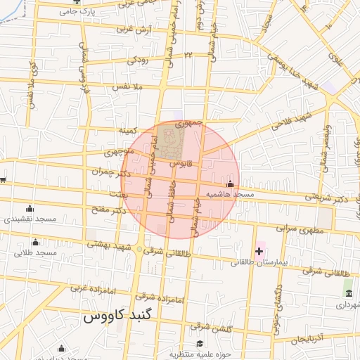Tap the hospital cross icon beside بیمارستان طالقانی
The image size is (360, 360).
[x=259, y=250]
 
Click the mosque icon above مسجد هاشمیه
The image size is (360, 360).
[x=230, y=184]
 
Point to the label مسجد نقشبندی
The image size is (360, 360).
[x=28, y=219]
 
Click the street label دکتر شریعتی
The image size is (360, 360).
[x=329, y=199]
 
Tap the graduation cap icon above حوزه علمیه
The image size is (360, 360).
[x=200, y=344]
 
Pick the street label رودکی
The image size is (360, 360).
[x=137, y=60]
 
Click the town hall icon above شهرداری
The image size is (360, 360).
[x=348, y=292]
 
